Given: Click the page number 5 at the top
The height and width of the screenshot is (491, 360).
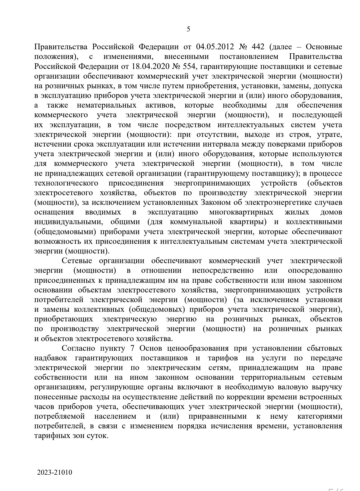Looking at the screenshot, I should pyautogui.click(x=188, y=29).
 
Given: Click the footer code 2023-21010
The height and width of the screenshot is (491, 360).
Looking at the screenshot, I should pyautogui.click(x=55, y=472).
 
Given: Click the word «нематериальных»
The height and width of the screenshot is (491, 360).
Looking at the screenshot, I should pyautogui.click(x=106, y=105).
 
